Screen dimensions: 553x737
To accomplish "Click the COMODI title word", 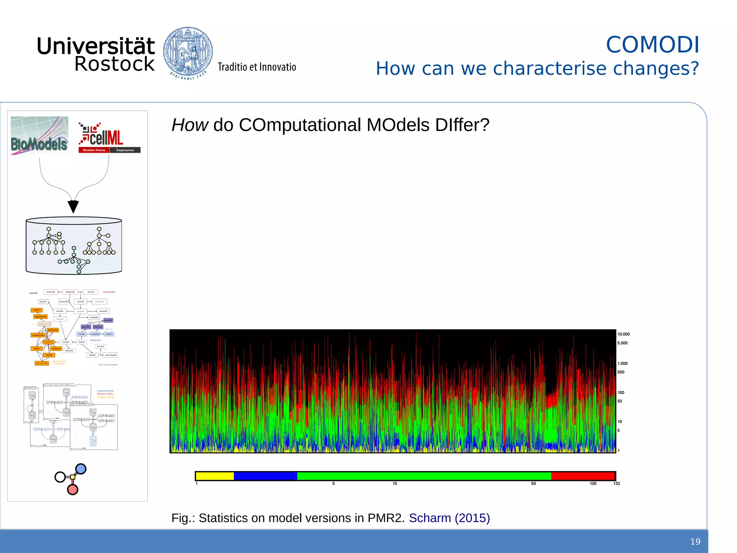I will pyautogui.click(x=652, y=45).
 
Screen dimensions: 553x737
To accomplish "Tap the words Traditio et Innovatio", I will pyautogui.click(x=257, y=67).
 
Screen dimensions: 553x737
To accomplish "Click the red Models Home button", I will pyautogui.click(x=94, y=150).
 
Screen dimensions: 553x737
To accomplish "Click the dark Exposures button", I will pyautogui.click(x=125, y=150).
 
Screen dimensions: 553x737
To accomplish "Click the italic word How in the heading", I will pyautogui.click(x=190, y=125).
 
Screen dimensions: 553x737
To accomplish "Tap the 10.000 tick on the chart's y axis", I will pyautogui.click(x=623, y=334).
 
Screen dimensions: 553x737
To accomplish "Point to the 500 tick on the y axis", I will pyautogui.click(x=621, y=372).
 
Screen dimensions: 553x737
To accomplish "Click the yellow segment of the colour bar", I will pyautogui.click(x=214, y=476).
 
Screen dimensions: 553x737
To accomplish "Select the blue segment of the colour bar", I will pyautogui.click(x=265, y=476).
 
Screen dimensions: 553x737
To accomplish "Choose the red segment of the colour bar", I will pyautogui.click(x=583, y=476).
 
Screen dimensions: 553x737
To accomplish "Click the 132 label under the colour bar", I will pyautogui.click(x=616, y=484).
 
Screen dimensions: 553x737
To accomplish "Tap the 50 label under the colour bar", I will pyautogui.click(x=533, y=484).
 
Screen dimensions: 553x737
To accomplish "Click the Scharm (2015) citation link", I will pyautogui.click(x=449, y=518).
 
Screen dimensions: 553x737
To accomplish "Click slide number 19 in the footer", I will pyautogui.click(x=695, y=542).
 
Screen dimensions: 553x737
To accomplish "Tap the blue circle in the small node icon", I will pyautogui.click(x=81, y=469).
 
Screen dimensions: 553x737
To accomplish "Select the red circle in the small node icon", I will pyautogui.click(x=73, y=490).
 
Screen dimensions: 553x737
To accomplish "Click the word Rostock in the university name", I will pyautogui.click(x=114, y=64).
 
